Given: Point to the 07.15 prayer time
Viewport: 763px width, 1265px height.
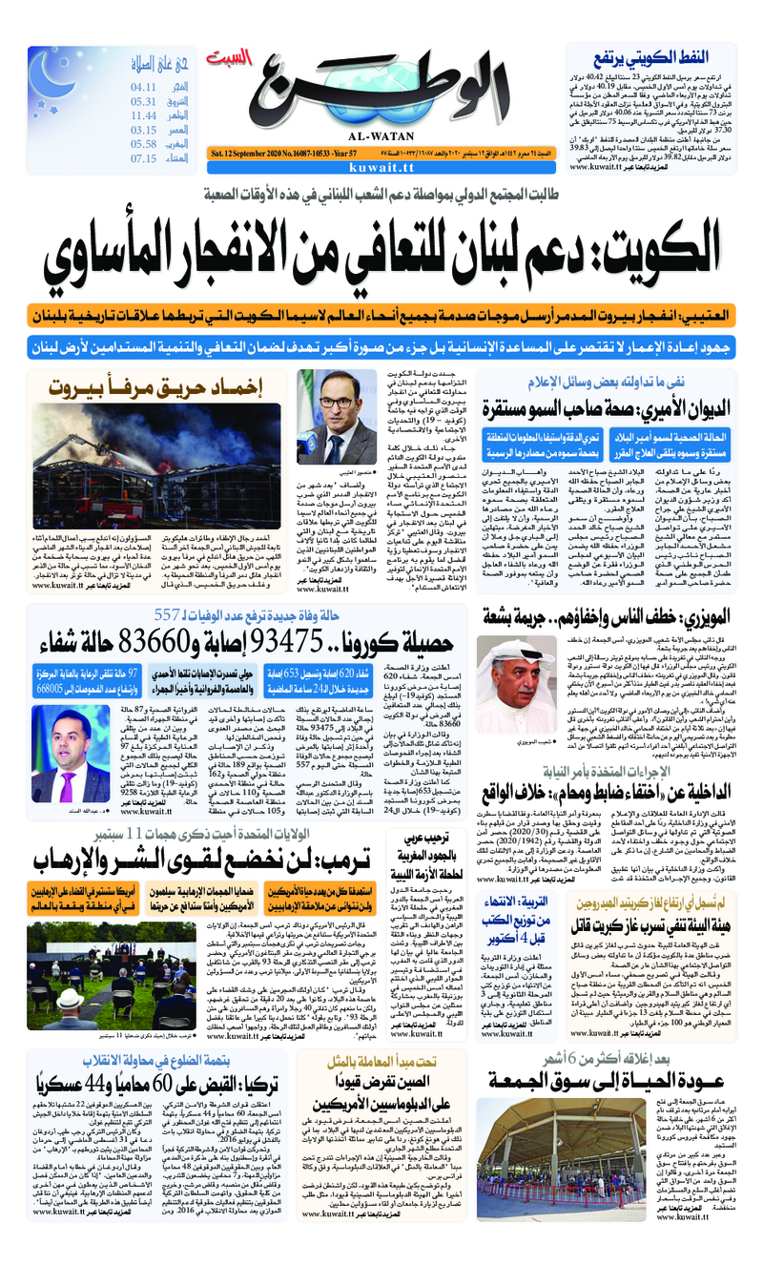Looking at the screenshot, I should pos(144,158).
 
